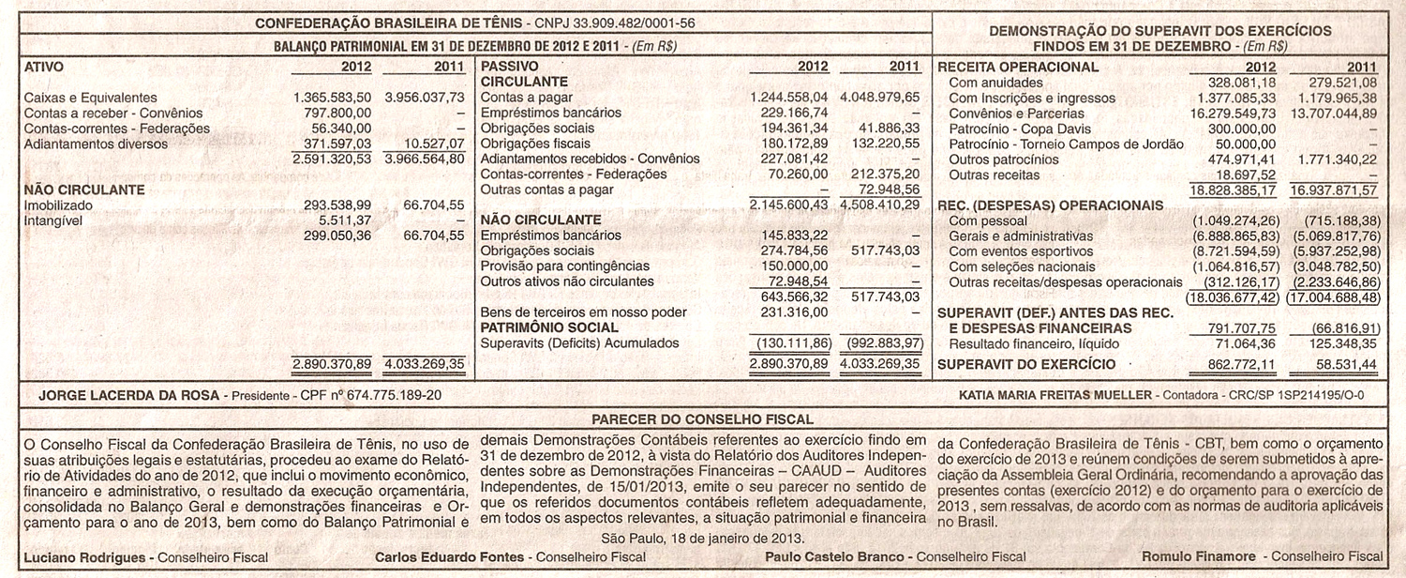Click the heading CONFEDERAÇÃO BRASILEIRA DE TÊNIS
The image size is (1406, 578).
tap(389, 23)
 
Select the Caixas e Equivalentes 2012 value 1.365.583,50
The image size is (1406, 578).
tap(332, 98)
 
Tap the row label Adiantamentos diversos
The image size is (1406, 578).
tap(96, 144)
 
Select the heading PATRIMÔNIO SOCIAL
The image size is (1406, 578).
tap(549, 327)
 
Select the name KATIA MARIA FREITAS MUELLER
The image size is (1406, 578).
tap(1054, 396)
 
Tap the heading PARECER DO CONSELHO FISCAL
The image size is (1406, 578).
tap(702, 419)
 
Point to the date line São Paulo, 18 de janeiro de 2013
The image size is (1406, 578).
tap(702, 539)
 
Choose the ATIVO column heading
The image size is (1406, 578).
tap(43, 68)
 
